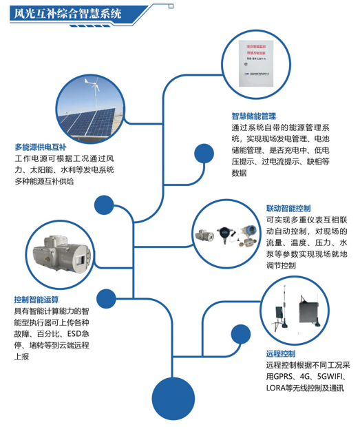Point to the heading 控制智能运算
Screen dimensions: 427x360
coord(36,300)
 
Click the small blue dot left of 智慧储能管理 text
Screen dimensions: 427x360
coord(204,152)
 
